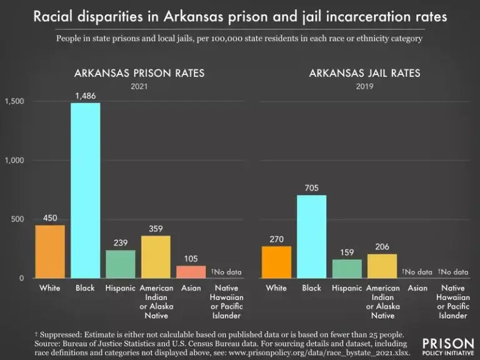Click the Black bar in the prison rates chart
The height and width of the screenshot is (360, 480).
85,191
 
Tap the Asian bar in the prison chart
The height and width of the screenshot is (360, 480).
191,272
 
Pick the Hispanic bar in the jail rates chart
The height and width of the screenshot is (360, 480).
347,269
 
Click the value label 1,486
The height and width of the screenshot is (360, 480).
85,95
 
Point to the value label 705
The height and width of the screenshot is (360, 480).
311,187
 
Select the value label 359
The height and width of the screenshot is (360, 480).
156,229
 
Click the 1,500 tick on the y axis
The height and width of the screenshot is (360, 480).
14,101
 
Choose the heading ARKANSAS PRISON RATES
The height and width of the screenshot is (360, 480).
139,73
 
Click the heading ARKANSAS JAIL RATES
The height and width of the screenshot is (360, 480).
364,73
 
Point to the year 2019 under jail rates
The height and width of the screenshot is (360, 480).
364,86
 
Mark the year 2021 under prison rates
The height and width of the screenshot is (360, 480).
139,86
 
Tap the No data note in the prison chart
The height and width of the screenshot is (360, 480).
226,272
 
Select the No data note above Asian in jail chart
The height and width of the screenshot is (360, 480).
417,272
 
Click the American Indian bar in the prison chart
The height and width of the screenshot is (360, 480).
156,257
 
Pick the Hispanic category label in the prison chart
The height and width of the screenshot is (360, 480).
121,288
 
